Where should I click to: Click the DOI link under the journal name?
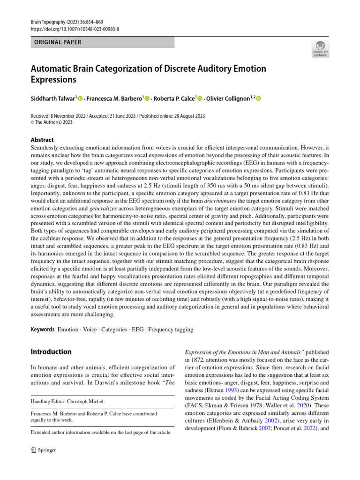(75, 29)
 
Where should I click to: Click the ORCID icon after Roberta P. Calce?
(200, 99)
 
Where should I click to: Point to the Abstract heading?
(42, 140)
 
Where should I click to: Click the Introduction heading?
(51, 352)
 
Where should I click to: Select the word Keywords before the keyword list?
(42, 330)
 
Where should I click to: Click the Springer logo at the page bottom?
(43, 450)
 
